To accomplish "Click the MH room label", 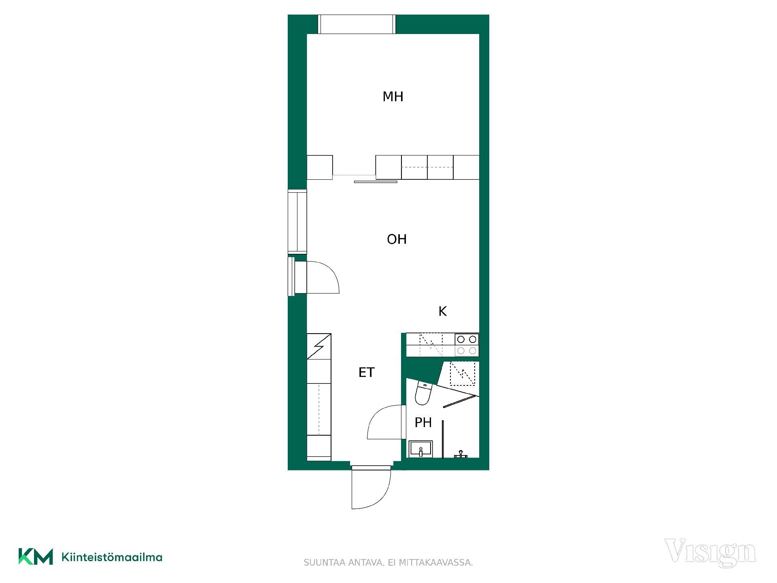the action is (x=393, y=97).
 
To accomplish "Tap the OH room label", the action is (x=397, y=239).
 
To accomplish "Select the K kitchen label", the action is (x=443, y=311).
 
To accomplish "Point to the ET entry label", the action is (x=367, y=372).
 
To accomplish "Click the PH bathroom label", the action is (x=423, y=423).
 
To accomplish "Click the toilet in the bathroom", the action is (x=423, y=393).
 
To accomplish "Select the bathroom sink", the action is (x=421, y=449).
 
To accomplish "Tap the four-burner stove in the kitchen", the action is (x=467, y=345).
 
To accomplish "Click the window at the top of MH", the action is (x=356, y=24).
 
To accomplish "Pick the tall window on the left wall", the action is (x=297, y=221).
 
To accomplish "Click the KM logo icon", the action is (x=36, y=557).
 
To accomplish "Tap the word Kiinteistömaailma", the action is (x=112, y=557).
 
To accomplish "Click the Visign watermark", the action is (x=710, y=552).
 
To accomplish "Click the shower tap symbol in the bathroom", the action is (x=461, y=454).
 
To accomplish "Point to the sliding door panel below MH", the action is (x=376, y=182).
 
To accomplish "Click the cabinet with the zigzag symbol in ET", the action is (x=319, y=346).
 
